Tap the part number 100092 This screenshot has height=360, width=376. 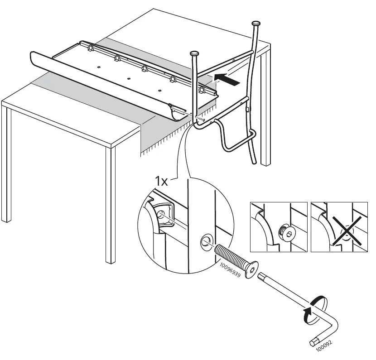(324, 346)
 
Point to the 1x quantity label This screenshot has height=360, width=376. (162, 181)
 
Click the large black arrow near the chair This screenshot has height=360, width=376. (227, 79)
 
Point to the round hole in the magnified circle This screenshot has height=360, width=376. (206, 242)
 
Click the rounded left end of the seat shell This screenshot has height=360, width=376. (34, 59)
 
